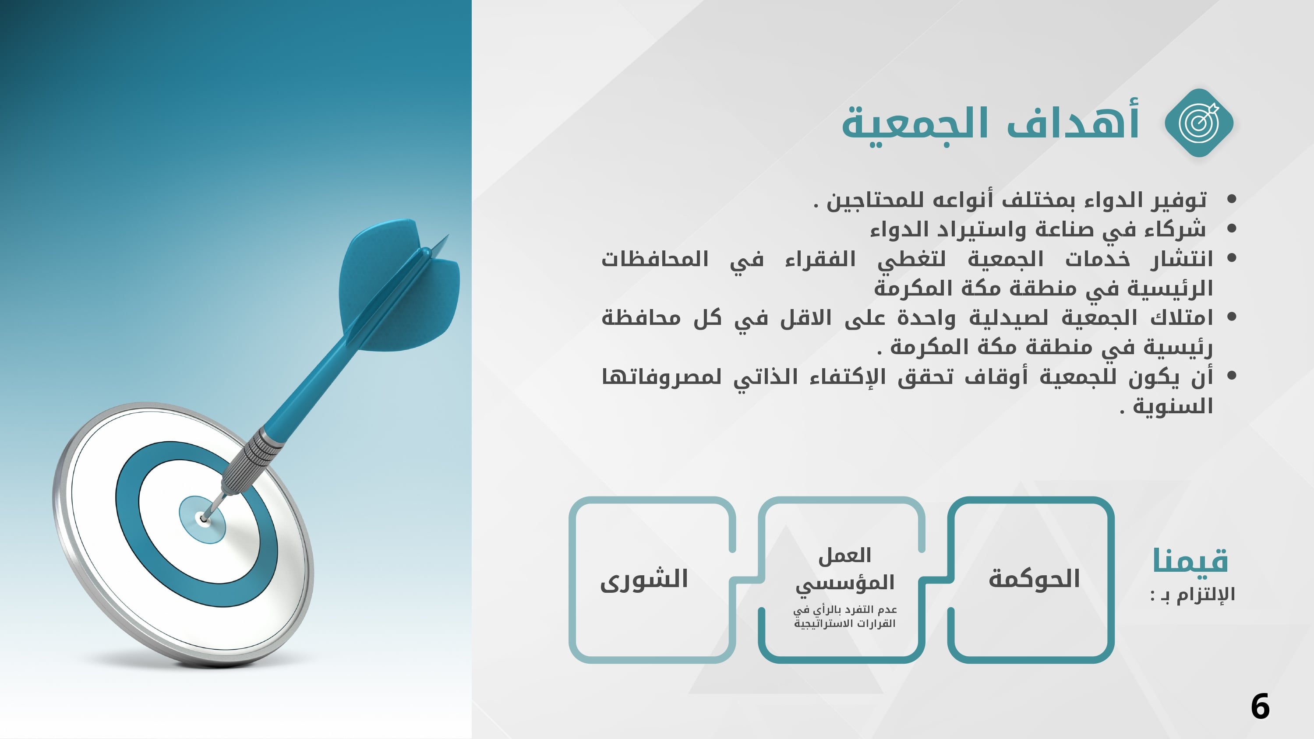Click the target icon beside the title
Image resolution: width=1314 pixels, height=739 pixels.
[x=1199, y=123]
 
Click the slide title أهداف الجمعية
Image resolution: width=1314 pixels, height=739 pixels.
[x=990, y=123]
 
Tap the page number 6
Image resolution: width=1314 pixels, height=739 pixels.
[x=1260, y=706]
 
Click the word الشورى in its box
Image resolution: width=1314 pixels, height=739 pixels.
[x=644, y=580]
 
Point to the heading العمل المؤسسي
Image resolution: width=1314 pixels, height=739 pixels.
[x=845, y=569]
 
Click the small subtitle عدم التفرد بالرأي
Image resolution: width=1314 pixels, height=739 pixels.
[x=845, y=616]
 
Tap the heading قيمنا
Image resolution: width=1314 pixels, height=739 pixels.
[x=1190, y=560]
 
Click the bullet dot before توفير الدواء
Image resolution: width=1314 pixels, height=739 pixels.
[x=1231, y=199]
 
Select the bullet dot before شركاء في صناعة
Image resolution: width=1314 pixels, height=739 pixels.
[x=1231, y=229]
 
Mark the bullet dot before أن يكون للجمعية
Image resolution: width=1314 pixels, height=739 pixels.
[x=1231, y=376]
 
